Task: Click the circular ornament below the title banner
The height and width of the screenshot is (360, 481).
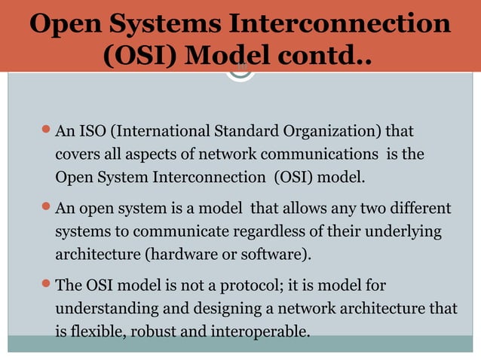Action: point(240,72)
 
